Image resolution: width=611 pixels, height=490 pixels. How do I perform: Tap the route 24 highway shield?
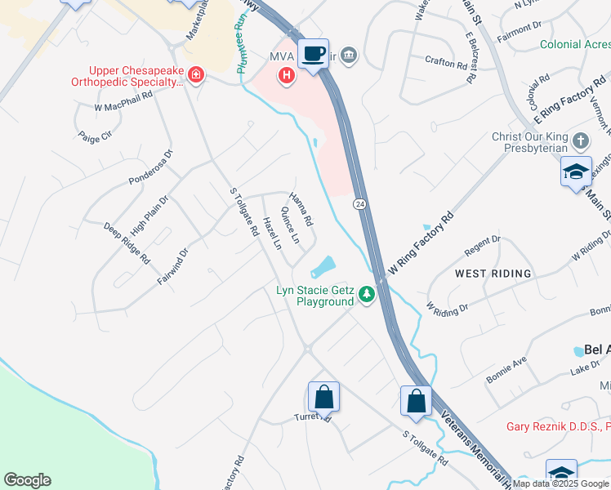tap(359, 203)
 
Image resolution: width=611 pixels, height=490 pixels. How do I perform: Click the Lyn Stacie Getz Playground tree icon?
tap(368, 293)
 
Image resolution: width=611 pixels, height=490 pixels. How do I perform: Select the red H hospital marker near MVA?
tap(287, 77)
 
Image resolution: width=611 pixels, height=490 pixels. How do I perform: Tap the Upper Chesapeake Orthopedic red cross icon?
tap(195, 77)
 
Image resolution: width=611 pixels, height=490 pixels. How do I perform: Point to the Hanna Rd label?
tap(301, 209)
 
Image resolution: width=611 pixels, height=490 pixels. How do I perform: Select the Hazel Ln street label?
tap(272, 234)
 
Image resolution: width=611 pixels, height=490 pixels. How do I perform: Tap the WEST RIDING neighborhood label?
tap(493, 273)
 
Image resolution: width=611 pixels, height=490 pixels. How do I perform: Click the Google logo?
tap(27, 480)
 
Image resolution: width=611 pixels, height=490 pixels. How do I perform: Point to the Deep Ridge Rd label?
tap(127, 243)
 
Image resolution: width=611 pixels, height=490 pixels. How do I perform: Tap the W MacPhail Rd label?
tap(123, 100)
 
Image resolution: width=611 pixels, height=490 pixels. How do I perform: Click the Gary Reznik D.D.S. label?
tap(558, 426)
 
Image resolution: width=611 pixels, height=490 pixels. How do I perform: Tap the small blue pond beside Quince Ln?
tap(323, 266)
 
